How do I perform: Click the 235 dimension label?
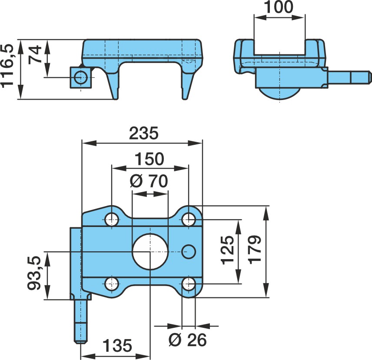143,133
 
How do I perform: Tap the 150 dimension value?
149,159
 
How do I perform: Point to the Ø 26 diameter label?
187,340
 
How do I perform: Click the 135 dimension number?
117,345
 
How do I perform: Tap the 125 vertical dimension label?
228,250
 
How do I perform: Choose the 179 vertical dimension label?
255,250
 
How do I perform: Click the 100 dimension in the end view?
279,7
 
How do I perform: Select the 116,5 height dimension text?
7,66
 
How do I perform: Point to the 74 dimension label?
35,55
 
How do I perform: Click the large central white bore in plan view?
150,252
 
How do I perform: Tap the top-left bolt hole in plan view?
112,220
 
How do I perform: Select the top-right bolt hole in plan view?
189,220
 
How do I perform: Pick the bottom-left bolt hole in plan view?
112,284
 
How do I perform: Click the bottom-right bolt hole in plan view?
189,284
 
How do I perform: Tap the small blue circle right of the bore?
189,252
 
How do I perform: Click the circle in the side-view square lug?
81,77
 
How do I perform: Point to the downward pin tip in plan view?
81,342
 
